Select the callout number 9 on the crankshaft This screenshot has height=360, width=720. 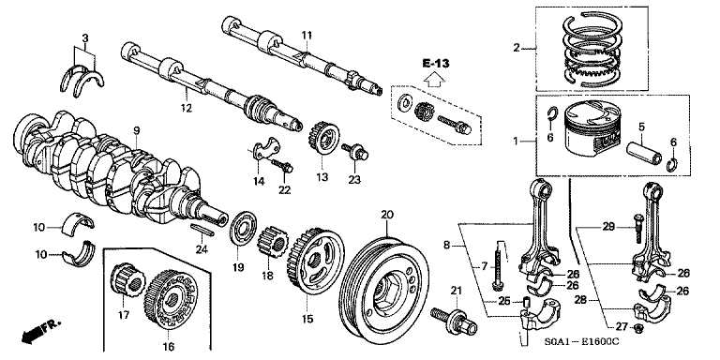pyautogui.click(x=136, y=129)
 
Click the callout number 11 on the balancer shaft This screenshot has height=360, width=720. pyautogui.click(x=306, y=35)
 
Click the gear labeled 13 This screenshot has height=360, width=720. pyautogui.click(x=323, y=140)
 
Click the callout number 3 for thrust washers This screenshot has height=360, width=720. pyautogui.click(x=84, y=38)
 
